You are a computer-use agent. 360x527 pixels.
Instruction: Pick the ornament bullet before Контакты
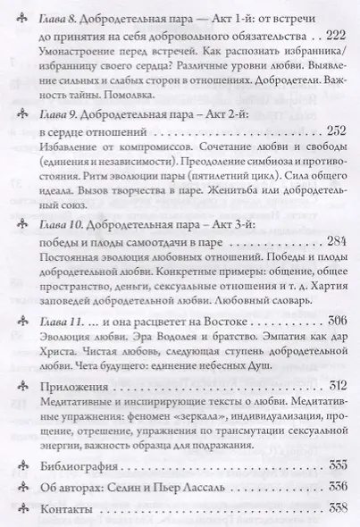(x=23, y=508)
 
